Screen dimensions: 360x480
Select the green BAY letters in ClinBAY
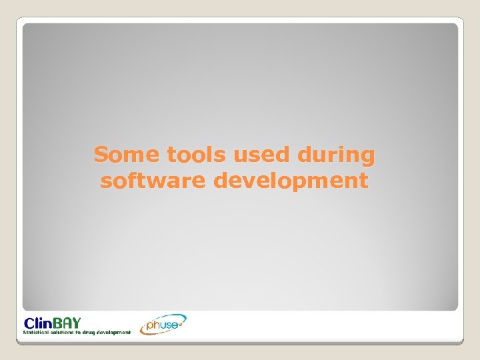click(68, 321)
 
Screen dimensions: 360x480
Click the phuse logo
click(163, 324)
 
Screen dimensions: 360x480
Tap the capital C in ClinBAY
click(30, 321)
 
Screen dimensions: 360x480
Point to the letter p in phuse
click(150, 326)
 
